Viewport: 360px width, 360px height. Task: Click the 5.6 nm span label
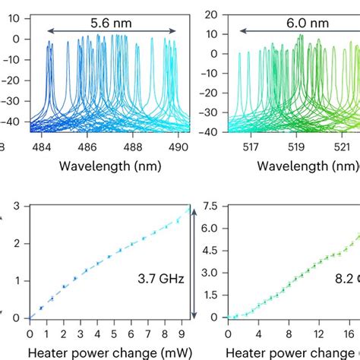point(111,23)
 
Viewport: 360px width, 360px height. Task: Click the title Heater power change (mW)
point(106,352)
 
